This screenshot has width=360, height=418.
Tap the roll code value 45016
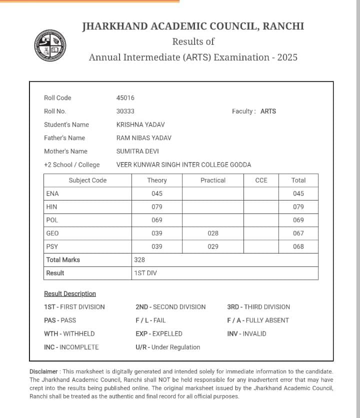point(125,98)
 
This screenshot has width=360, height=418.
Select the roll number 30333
point(125,111)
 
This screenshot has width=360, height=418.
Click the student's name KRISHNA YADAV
point(140,124)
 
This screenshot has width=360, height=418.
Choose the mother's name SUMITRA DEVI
point(137,151)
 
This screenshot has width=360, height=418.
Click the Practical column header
point(213,180)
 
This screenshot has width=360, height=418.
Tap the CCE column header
point(261,180)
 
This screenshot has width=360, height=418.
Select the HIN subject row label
point(51,206)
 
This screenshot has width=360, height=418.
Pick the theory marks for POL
point(157,220)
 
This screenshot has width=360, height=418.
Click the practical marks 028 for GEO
point(213,233)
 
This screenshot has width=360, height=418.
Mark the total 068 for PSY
point(298,246)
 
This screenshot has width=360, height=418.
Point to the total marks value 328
point(139,259)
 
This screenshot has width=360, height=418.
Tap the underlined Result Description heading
point(70,293)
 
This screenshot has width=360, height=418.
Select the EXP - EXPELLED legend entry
point(159,333)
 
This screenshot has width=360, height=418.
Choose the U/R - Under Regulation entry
point(167,347)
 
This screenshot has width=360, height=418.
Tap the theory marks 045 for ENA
point(157,193)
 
